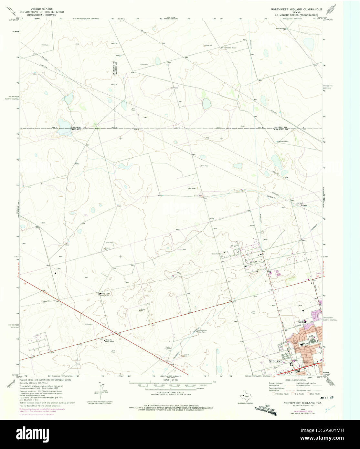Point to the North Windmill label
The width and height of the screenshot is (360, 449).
281,28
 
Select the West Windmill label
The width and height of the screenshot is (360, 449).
283,141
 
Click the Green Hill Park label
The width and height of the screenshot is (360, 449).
218,254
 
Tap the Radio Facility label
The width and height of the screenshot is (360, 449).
168,348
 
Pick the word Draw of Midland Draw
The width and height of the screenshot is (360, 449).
303,205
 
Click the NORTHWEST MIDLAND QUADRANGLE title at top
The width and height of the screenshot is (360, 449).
296,10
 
